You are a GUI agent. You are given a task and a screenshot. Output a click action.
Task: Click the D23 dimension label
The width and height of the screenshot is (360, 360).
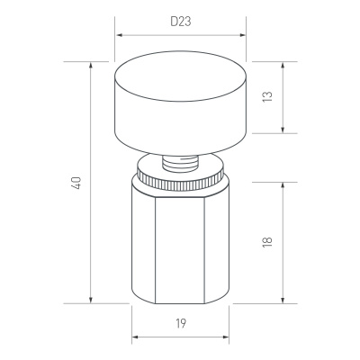(x=181, y=22)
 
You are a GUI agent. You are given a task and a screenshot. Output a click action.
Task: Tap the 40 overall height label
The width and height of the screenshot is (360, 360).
(x=76, y=183)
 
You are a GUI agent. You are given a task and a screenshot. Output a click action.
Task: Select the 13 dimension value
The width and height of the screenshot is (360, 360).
(x=267, y=96)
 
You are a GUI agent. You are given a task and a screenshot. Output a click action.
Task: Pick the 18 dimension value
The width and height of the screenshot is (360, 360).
(x=267, y=242)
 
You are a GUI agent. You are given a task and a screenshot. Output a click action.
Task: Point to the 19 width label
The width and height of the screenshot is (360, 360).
(x=181, y=323)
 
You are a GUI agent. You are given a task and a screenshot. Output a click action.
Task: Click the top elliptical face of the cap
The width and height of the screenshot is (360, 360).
(x=181, y=76)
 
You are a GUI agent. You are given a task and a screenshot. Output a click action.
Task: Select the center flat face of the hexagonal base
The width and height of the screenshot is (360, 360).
(x=180, y=249)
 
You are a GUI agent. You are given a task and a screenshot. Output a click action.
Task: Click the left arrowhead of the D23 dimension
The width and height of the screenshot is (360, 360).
(x=120, y=35)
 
